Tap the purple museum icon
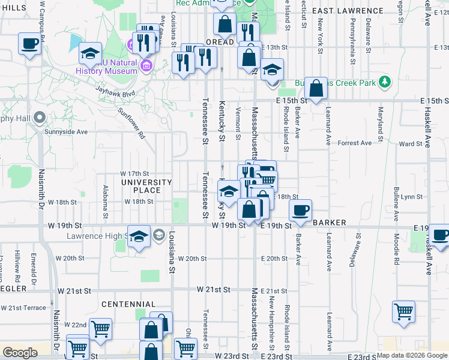(132, 44)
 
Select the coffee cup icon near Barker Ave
(300, 210)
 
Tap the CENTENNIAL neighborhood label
(128, 304)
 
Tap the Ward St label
(411, 144)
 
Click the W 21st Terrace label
(23, 308)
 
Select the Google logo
(20, 353)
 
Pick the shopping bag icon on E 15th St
(316, 89)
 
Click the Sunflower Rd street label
(132, 123)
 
